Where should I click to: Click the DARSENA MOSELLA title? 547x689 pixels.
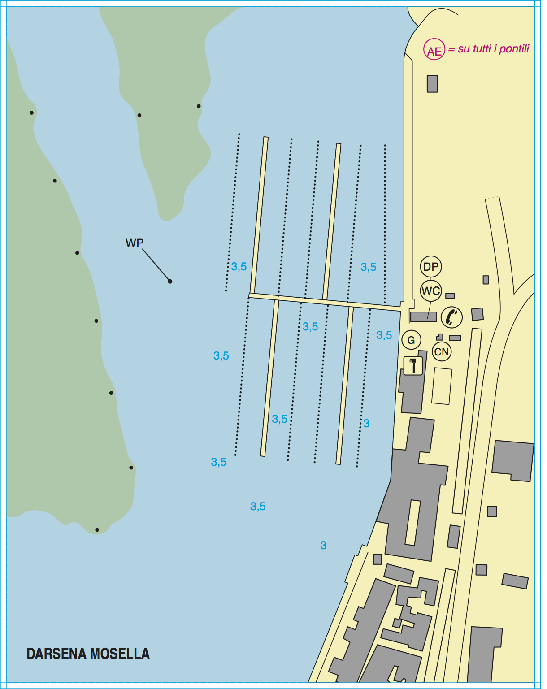[88, 654]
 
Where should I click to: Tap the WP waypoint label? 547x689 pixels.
[135, 243]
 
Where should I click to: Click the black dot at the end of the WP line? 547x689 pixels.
[170, 282]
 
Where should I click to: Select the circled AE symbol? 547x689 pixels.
[434, 50]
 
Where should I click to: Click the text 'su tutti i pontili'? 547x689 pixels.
[493, 49]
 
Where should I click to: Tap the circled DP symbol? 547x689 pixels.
[430, 267]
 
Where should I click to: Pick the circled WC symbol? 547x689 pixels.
[430, 291]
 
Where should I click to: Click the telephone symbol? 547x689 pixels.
[451, 317]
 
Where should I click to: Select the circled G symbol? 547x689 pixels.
[411, 340]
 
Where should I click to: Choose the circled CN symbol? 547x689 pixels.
[442, 352]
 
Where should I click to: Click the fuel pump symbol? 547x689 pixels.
[413, 365]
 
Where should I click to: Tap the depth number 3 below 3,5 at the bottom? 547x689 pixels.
[323, 545]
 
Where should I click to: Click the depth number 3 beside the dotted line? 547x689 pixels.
[366, 423]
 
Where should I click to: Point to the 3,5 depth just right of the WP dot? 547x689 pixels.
[239, 267]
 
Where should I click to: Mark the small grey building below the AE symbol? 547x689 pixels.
[432, 84]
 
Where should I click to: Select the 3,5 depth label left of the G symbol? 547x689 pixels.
[384, 335]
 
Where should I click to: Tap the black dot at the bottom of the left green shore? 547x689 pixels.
[97, 530]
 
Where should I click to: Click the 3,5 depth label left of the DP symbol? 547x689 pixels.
[368, 267]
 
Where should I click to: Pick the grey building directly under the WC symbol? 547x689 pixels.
[423, 316]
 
